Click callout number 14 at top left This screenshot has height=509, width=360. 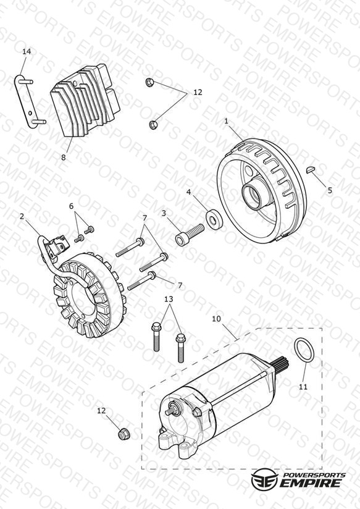tap(27, 51)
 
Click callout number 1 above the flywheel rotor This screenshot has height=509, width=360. tap(226, 121)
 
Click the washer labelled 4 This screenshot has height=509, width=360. tap(214, 219)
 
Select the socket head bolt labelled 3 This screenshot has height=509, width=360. tap(190, 234)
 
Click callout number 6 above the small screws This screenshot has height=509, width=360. tap(72, 206)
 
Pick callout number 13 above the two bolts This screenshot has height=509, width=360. tap(169, 299)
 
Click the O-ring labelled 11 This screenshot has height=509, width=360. tap(304, 350)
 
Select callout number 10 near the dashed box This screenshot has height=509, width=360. tap(216, 319)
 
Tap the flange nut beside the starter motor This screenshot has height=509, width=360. tap(123, 434)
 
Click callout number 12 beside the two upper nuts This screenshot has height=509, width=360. tap(198, 92)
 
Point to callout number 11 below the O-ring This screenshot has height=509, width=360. tap(303, 387)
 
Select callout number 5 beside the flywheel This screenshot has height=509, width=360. tap(330, 190)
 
